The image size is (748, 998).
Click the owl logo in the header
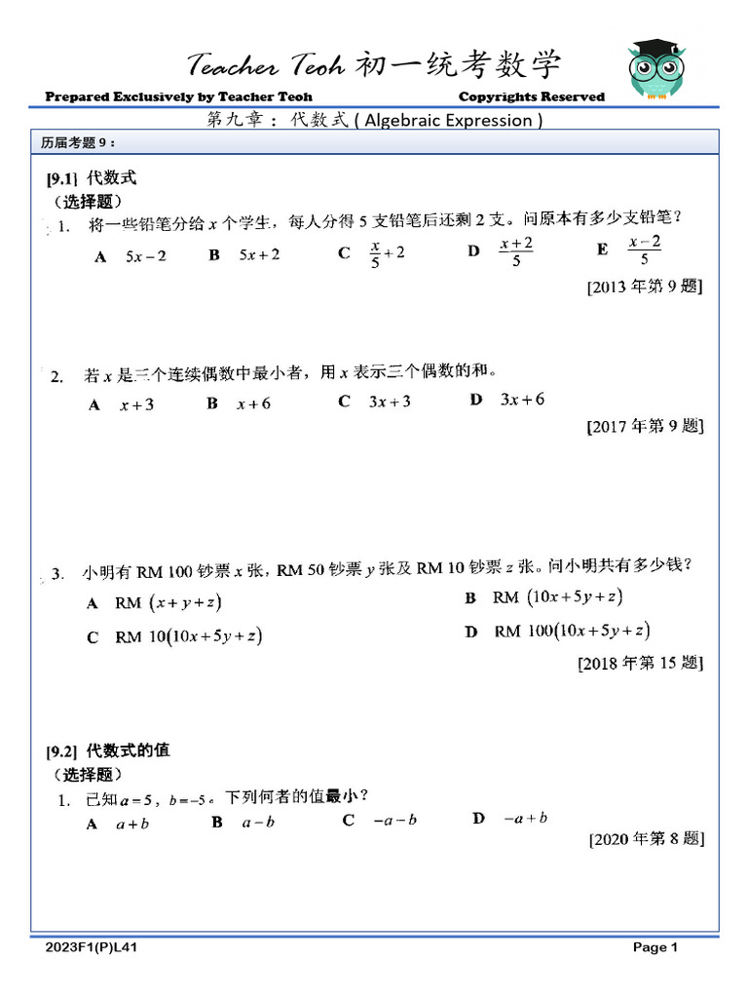click(x=655, y=70)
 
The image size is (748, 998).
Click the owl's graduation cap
click(x=655, y=49)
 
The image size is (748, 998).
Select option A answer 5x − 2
click(x=145, y=256)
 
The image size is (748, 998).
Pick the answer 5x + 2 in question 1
click(x=259, y=255)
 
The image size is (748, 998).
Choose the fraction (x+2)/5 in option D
click(x=516, y=251)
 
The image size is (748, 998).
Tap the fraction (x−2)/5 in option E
click(x=645, y=251)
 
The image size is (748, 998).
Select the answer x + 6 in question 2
click(x=253, y=404)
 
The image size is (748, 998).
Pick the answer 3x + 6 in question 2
click(x=522, y=400)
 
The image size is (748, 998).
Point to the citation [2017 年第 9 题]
click(x=644, y=426)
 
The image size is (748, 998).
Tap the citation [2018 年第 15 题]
click(x=640, y=664)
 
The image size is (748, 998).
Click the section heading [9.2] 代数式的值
click(x=108, y=750)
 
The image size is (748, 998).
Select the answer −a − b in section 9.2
click(x=394, y=821)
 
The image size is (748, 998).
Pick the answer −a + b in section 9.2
click(x=525, y=819)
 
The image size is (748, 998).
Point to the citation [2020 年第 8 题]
click(x=646, y=838)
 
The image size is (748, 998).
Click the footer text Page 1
click(x=654, y=947)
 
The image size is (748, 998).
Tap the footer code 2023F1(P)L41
click(x=96, y=947)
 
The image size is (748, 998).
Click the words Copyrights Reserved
click(x=531, y=96)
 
